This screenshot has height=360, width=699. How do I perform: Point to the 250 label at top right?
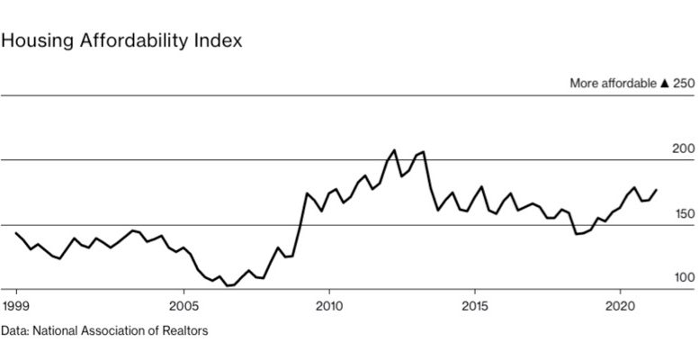685,83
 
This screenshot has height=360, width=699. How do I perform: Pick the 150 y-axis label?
685,213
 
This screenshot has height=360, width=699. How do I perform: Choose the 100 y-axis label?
685,278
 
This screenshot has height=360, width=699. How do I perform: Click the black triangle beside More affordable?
664,83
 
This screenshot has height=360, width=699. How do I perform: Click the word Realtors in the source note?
185,331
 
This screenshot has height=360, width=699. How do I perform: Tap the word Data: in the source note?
14,331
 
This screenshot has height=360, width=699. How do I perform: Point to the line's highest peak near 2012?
394,149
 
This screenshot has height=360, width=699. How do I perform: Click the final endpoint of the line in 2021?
657,189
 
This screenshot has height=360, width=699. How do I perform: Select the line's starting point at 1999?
16,233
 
